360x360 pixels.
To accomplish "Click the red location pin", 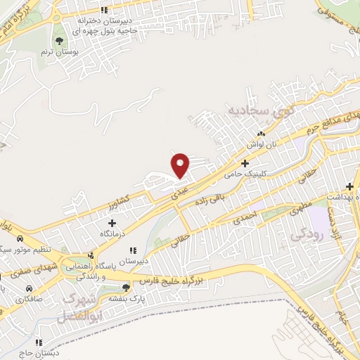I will click(181, 165).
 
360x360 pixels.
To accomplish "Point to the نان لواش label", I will click(257, 143).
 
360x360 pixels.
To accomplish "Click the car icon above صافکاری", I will click(29, 289).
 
